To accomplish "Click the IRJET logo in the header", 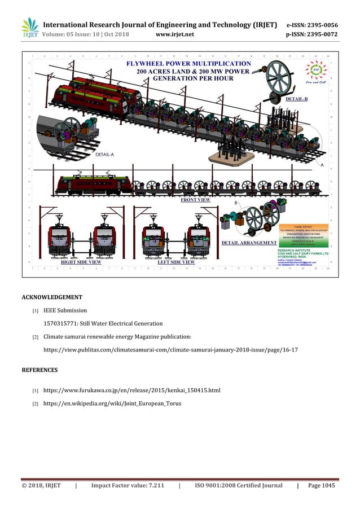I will (29, 29).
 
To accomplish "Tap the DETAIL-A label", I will (104, 153).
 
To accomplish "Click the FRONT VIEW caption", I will (195, 200).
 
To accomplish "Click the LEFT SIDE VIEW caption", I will (175, 262).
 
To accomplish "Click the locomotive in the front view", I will (93, 183).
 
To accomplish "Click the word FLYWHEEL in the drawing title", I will (148, 64).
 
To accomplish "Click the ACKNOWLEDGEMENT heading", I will (52, 297).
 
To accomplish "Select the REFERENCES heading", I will (39, 370).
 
